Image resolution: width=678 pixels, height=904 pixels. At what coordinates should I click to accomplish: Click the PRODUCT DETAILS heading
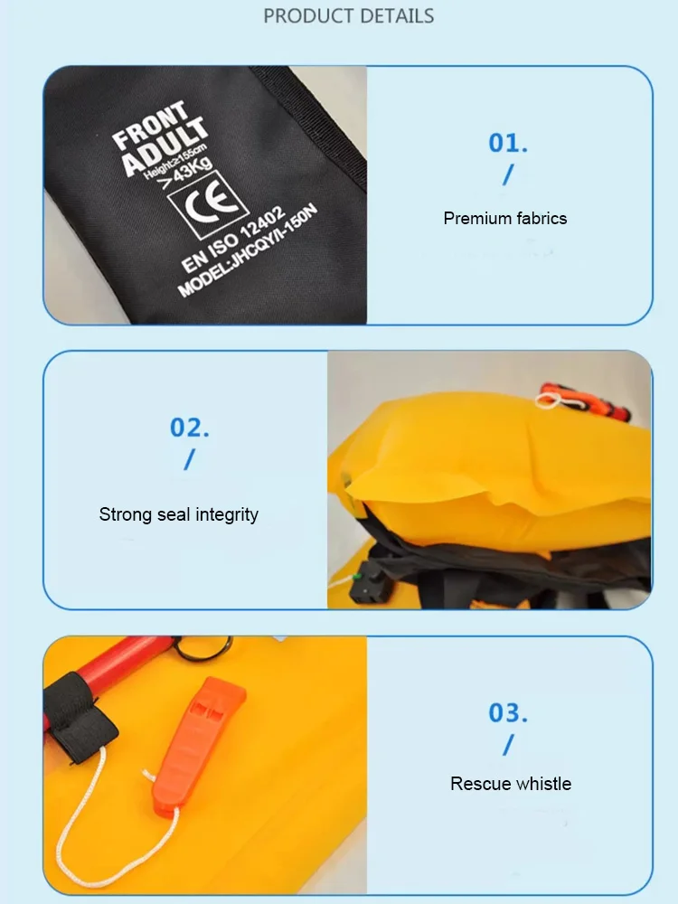click(x=348, y=16)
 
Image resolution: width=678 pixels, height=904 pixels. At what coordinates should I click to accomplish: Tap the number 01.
click(x=508, y=143)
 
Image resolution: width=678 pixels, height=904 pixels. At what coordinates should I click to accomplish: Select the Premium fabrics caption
click(x=505, y=218)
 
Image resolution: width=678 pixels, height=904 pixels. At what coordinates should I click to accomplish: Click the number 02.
click(x=190, y=428)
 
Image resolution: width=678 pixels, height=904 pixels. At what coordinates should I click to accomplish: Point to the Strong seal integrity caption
click(x=179, y=514)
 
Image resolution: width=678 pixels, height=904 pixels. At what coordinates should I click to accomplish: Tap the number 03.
click(x=508, y=712)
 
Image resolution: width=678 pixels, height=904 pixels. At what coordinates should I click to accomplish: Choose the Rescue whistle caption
click(x=511, y=784)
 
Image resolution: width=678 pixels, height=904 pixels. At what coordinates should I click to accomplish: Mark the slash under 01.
click(x=507, y=174)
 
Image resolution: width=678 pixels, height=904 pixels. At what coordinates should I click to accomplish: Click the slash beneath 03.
click(x=507, y=745)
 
